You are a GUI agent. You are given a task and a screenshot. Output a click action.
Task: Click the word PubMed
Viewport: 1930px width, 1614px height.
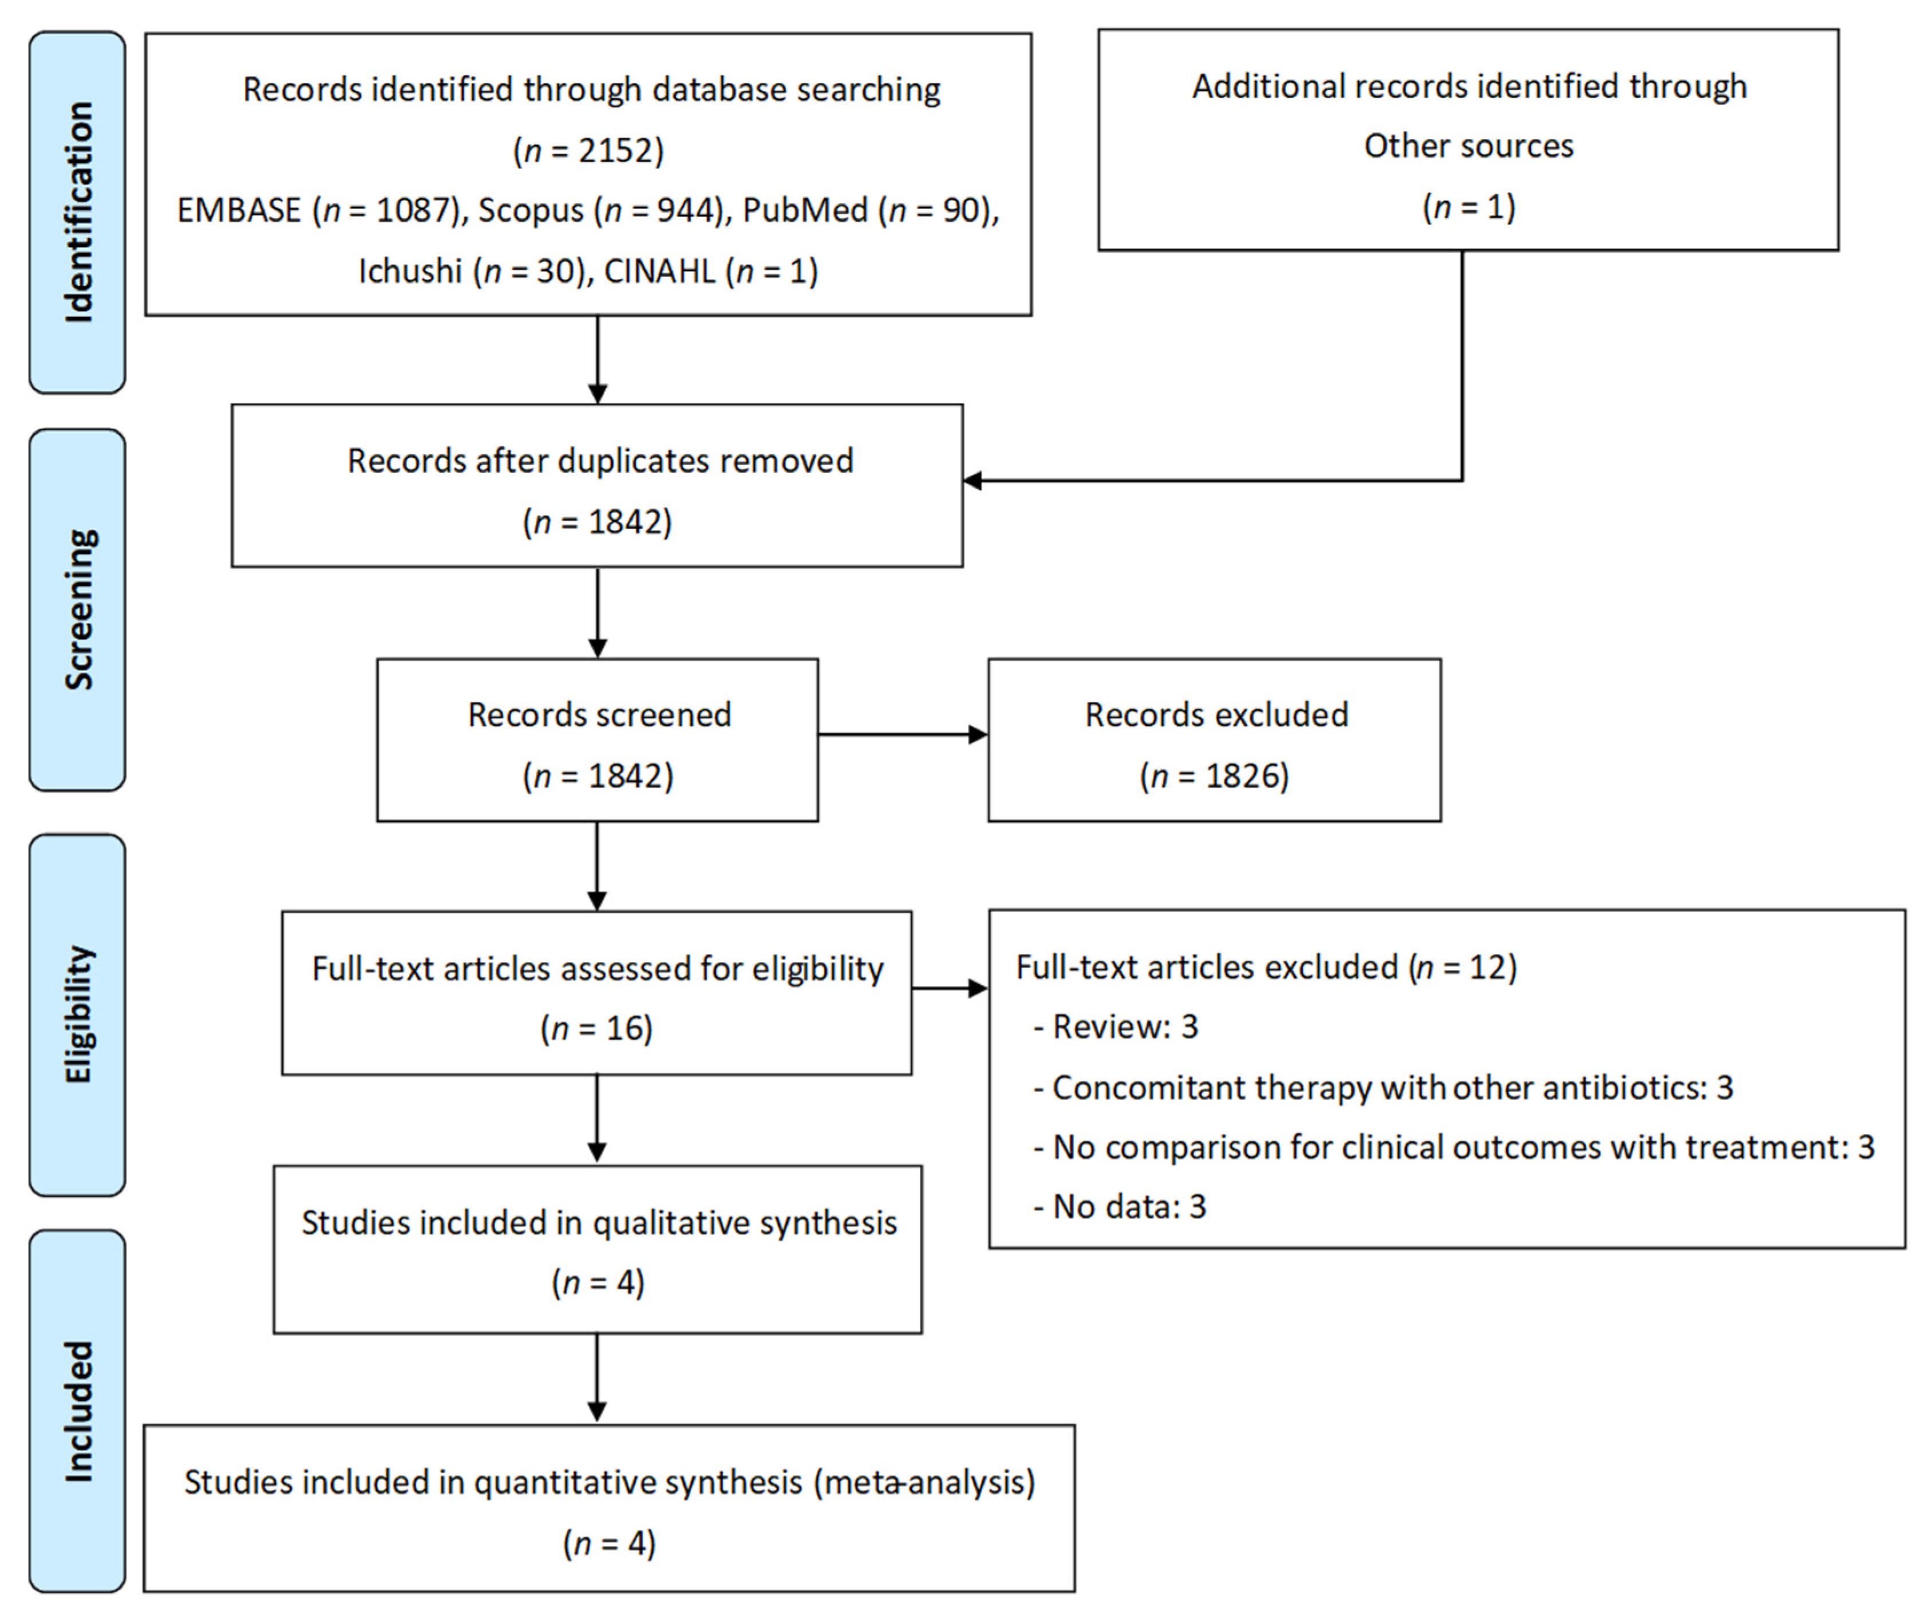pyautogui.click(x=804, y=210)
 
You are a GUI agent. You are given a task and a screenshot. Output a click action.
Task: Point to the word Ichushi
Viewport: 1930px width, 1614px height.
pyautogui.click(x=410, y=271)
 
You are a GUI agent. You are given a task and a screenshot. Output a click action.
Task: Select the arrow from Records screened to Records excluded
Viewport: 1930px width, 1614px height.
pyautogui.click(x=901, y=735)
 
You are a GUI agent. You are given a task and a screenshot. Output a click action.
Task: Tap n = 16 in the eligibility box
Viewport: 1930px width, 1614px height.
pyautogui.click(x=597, y=1028)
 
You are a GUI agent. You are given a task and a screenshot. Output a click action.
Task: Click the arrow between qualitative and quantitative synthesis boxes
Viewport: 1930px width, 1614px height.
pyautogui.click(x=597, y=1379)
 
